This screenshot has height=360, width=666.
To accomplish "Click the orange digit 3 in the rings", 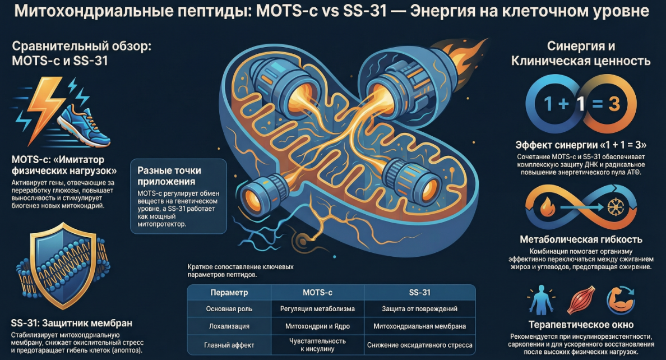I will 614,104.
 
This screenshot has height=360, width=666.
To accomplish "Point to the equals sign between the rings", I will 588,105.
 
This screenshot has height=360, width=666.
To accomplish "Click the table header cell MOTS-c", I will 318,293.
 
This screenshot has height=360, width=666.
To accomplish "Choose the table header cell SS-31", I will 420,293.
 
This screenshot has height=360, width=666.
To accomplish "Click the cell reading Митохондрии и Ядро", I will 318,326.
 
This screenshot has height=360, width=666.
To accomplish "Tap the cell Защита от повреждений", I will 420,309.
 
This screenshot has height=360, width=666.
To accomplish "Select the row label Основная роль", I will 229,309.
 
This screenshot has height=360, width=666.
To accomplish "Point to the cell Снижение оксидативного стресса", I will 420,345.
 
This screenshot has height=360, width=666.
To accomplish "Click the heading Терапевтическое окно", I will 581,325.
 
